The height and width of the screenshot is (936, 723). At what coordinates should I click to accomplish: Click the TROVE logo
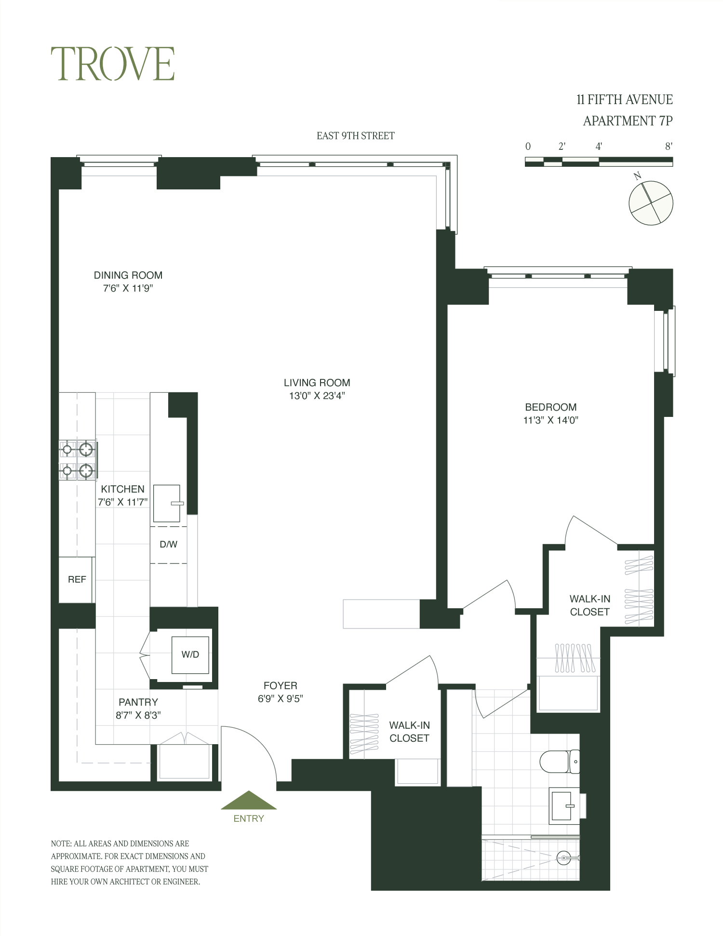[112, 64]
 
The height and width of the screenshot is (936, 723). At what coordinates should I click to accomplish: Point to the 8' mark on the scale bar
[669, 147]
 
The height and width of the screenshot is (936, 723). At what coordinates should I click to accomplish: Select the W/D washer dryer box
[190, 655]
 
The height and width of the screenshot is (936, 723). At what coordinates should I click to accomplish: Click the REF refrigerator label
[77, 579]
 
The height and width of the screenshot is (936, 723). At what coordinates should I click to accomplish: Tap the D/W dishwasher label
[169, 544]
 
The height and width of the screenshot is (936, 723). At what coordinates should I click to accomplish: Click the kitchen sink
[167, 503]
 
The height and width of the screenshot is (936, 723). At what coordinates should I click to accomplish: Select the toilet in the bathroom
[560, 762]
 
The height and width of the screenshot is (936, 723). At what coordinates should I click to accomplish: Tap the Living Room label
[317, 383]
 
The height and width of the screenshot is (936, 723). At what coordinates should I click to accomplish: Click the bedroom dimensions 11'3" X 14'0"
[551, 420]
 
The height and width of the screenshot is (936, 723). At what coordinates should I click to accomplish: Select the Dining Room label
[128, 275]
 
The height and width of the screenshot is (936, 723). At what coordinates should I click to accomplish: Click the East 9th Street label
[356, 136]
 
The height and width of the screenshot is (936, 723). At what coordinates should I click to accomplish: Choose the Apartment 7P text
[628, 120]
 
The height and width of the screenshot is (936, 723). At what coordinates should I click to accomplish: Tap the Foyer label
[281, 685]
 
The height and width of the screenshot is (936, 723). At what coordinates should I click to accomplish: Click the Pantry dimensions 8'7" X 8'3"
[138, 715]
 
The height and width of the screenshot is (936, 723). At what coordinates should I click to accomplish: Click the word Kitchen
[122, 489]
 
